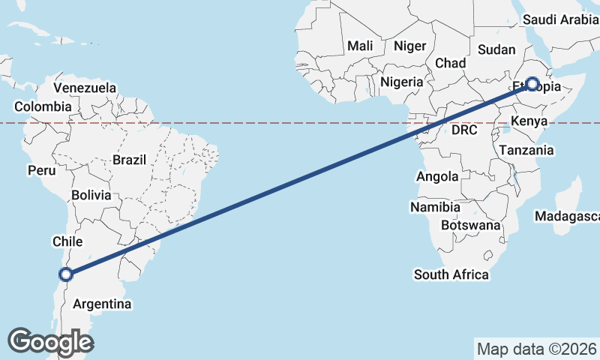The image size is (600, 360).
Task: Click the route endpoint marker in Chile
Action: pos(66,274)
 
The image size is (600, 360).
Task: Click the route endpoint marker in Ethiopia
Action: pos(532,84)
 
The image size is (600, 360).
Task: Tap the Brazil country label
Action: pos(130,159)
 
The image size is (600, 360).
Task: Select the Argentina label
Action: pos(102,304)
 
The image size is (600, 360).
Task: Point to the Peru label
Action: pos(42,170)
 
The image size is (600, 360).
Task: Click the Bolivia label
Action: pos(91,195)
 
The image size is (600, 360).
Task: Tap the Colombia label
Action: pos(43,106)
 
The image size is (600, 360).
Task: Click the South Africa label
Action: pos(451,274)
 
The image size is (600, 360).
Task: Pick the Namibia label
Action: pos(436,206)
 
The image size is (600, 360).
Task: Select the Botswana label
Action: pos(470,225)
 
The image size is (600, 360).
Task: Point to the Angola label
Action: pos(437,177)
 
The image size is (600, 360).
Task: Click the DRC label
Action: pos(465,130)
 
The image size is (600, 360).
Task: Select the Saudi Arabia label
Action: pos(560,19)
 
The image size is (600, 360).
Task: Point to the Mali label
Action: pos(360,46)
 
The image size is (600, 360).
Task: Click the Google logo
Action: pos(51,342)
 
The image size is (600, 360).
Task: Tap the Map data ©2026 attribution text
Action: pos(536,349)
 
